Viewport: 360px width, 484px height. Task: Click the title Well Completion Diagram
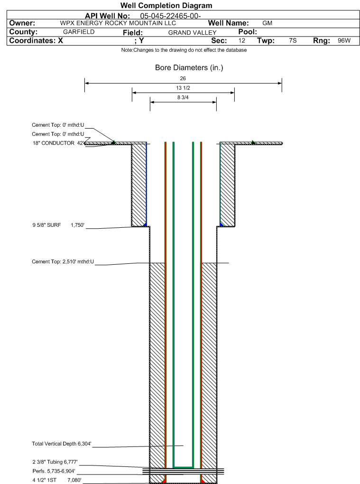166,6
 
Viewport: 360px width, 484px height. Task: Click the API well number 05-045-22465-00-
171,16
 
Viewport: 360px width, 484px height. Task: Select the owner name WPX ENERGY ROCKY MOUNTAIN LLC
118,23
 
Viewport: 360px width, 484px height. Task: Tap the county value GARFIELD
79,32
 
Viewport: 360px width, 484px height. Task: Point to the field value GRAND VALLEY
192,32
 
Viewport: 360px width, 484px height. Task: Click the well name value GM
267,23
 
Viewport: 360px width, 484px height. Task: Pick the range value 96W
344,40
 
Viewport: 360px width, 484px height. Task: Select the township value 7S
293,40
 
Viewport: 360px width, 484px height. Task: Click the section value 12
241,40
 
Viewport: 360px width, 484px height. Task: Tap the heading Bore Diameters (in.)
189,67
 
